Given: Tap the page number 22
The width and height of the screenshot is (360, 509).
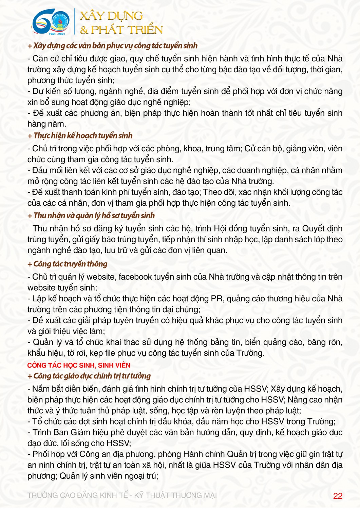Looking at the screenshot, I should (x=338, y=496).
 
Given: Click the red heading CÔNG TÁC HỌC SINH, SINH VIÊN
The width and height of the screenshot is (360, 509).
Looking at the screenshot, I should (x=79, y=365).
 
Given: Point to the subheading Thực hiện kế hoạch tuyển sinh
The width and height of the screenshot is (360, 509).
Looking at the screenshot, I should (x=83, y=136).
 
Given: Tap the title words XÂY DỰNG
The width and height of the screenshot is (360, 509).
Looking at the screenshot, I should (x=111, y=16).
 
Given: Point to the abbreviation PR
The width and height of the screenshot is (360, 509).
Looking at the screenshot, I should (x=217, y=299).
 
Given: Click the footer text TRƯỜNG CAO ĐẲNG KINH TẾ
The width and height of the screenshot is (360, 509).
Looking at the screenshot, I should (x=78, y=495).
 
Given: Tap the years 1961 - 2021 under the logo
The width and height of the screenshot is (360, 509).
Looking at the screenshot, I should (x=57, y=34).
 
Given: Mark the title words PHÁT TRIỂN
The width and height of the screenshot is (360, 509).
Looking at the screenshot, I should (x=127, y=30).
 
